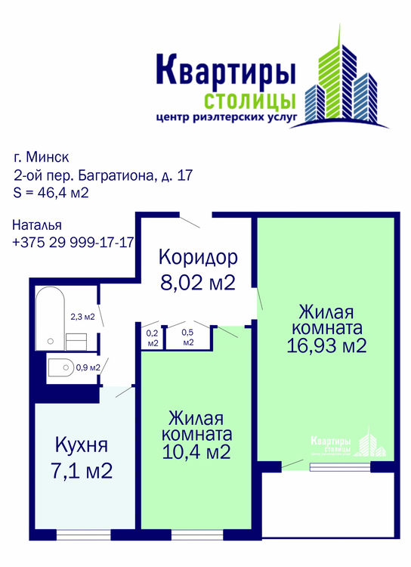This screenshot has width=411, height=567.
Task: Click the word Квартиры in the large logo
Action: point(226,71)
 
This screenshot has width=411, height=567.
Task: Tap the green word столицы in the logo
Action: point(250,101)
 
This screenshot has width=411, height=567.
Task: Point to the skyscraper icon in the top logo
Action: point(341,76)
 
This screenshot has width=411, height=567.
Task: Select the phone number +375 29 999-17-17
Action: point(73,242)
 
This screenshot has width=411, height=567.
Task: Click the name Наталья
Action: point(37,225)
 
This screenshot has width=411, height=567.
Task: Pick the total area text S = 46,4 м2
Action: point(51,192)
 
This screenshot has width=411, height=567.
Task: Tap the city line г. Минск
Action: point(42,157)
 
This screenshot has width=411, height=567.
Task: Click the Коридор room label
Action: point(198,257)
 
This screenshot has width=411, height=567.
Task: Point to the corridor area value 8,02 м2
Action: point(198,282)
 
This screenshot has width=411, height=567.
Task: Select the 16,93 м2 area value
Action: point(326,345)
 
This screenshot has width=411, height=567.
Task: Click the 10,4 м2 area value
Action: point(196,451)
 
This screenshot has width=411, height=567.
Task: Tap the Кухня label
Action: point(82,445)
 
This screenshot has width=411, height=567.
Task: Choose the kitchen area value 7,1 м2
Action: point(82,471)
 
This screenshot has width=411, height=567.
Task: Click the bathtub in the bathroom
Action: point(50,318)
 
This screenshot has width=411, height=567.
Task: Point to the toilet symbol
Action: point(60,367)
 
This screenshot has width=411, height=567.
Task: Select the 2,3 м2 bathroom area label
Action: point(82,317)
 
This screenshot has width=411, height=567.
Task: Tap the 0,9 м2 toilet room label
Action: point(88,367)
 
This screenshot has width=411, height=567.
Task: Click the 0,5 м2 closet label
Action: point(188,337)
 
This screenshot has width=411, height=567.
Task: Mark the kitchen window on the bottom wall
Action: point(84,534)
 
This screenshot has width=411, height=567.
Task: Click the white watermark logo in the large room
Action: point(348,443)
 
